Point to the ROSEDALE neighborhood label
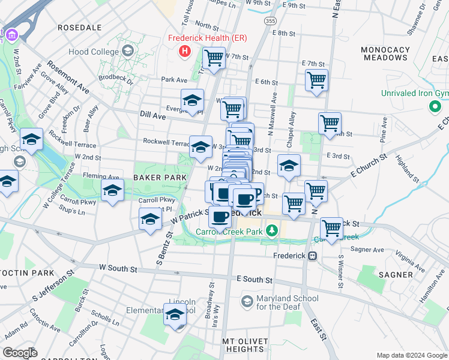click(x=79, y=28)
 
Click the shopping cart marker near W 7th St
click(x=214, y=58)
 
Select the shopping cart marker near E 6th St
click(x=316, y=80)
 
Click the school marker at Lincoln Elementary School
click(x=175, y=314)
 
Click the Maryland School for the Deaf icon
click(x=247, y=299)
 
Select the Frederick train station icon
click(x=312, y=256)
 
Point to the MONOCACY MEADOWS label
click(x=385, y=53)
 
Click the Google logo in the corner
click(x=20, y=352)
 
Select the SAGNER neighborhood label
click(x=396, y=275)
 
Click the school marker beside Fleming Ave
click(x=112, y=191)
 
